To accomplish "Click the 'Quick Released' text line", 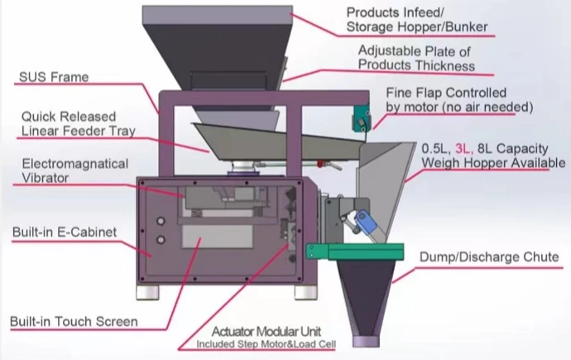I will [x=69, y=117].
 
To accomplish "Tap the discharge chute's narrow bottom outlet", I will [x=367, y=338].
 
